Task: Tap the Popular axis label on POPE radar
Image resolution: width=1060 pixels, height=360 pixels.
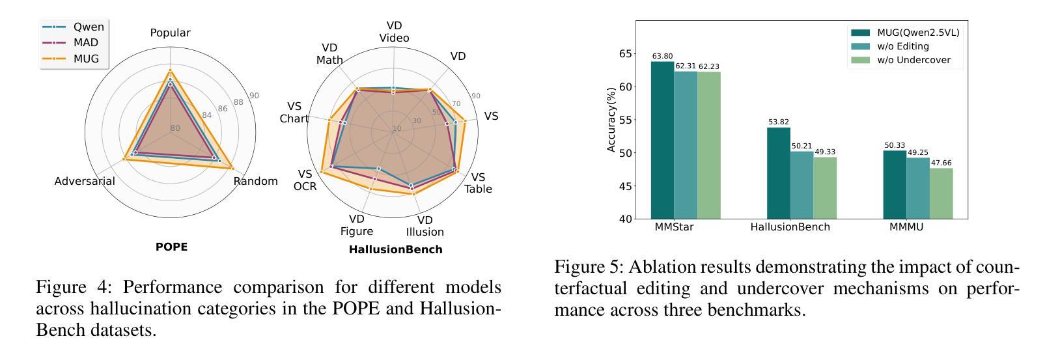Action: (x=170, y=33)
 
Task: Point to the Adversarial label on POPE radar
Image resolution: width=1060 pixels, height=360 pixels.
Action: (x=85, y=181)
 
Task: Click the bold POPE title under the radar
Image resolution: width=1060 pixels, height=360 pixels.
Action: (x=171, y=247)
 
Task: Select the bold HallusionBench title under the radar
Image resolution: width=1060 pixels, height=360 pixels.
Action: (x=395, y=249)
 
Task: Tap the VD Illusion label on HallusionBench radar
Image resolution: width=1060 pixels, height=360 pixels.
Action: (x=425, y=226)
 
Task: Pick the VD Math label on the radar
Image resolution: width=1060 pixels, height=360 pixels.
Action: (x=329, y=54)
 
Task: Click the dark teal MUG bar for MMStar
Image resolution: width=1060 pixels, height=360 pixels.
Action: (x=662, y=140)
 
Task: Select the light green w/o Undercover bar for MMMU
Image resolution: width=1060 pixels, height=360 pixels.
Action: (x=941, y=193)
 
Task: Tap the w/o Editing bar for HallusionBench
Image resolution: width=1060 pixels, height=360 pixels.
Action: (x=801, y=185)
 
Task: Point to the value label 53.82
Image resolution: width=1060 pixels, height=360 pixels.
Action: (x=778, y=122)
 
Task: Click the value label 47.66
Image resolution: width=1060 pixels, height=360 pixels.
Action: (x=941, y=163)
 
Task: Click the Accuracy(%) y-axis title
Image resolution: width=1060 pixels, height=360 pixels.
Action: (x=611, y=120)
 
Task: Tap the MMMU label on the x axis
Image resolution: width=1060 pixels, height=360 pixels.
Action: (x=906, y=227)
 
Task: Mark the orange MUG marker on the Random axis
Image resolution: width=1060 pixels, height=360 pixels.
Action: (x=232, y=169)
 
